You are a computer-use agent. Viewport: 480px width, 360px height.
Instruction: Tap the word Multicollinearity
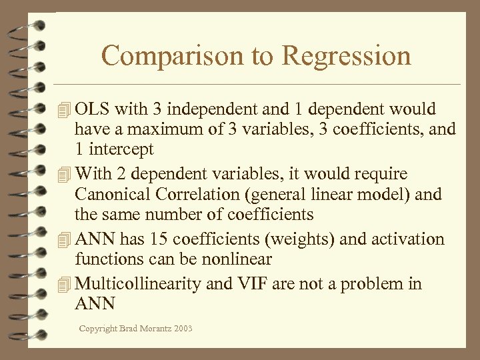(139, 284)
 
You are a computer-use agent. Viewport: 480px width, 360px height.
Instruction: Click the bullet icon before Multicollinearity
(64, 285)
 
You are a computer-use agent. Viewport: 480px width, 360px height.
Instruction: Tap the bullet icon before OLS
(64, 109)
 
